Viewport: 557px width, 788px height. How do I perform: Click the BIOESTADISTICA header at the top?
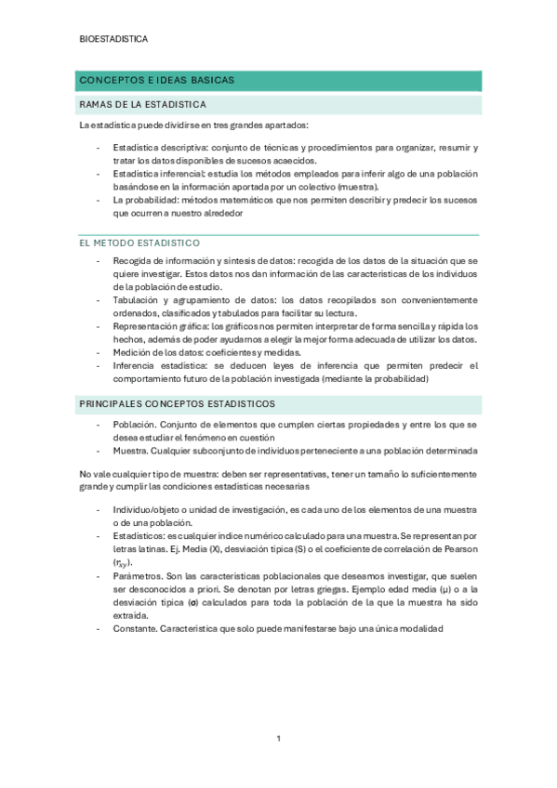(113, 39)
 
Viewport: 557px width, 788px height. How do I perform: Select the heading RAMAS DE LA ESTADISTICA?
(143, 104)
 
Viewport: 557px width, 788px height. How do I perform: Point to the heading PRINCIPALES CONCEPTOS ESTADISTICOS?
(176, 403)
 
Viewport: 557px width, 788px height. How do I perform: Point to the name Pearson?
(458, 549)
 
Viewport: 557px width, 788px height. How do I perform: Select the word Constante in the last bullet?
(137, 628)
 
